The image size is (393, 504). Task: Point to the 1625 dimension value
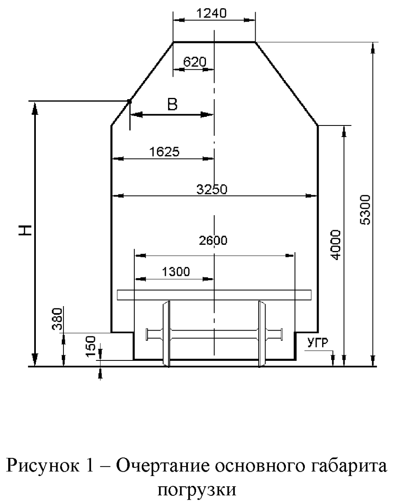click(165, 152)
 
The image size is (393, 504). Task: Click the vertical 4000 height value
click(337, 246)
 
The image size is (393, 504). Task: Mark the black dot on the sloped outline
click(129, 101)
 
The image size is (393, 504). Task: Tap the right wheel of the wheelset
click(261, 334)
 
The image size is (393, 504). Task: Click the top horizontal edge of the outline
click(214, 42)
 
